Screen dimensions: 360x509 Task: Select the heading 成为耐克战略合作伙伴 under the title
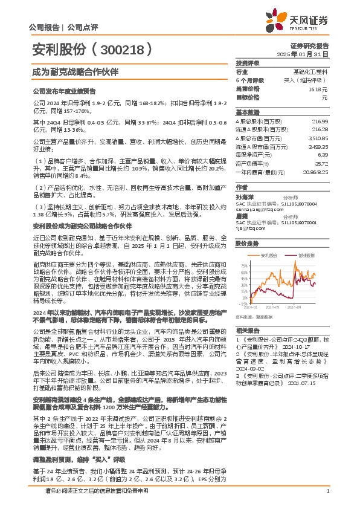[x=67, y=71]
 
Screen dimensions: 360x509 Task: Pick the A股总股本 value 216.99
[x=320, y=122]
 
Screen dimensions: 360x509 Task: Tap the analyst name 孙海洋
[x=244, y=197]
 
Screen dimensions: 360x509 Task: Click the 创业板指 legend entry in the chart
[x=307, y=256]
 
